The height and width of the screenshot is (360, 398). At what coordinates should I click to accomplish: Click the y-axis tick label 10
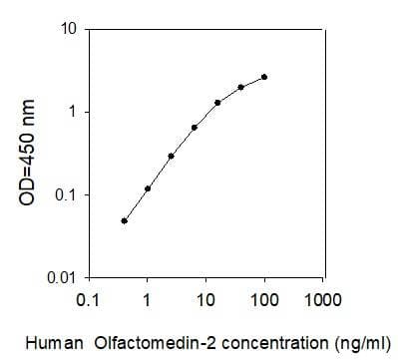point(70,28)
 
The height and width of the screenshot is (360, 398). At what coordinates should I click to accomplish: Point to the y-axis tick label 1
point(73,111)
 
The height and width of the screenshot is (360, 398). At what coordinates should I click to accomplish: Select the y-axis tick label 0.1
point(67,193)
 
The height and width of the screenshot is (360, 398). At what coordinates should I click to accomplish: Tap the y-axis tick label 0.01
point(64,276)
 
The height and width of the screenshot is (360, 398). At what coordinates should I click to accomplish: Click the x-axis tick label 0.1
point(89,298)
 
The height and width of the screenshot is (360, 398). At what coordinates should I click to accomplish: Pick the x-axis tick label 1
point(148,298)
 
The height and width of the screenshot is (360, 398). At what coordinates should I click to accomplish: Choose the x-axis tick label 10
point(204,298)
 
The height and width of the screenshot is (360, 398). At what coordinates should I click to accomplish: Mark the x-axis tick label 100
point(263,298)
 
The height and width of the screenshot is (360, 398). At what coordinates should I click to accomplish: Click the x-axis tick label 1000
point(321,298)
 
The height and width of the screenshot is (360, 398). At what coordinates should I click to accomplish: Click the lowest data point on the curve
point(124,220)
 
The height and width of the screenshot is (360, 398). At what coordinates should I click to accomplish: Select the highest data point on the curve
point(264,77)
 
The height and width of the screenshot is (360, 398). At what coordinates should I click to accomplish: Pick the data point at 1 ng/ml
point(148,188)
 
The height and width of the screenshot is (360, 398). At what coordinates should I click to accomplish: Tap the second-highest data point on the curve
point(240,87)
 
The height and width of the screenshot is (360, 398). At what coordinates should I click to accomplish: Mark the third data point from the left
point(171,156)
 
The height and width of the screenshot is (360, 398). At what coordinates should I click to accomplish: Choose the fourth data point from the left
point(195,128)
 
